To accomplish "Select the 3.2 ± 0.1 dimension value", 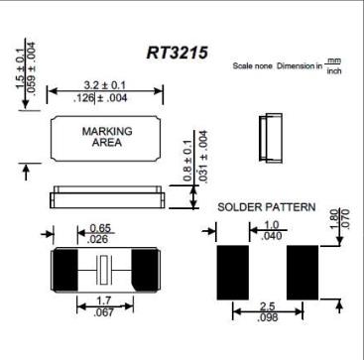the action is [106, 85].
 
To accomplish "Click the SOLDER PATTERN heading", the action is [267, 208].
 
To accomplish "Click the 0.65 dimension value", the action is [100, 227].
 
